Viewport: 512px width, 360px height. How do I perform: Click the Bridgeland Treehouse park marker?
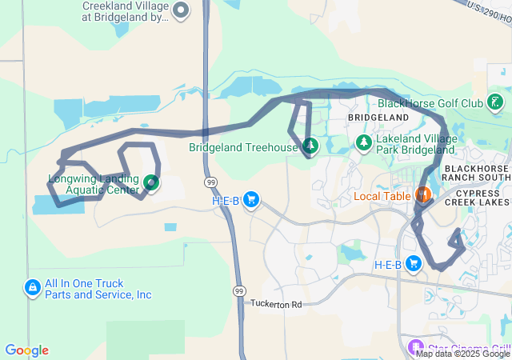309,146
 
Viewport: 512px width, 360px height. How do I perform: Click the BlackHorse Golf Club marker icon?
496,102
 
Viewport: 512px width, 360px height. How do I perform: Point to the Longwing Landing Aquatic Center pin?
150,185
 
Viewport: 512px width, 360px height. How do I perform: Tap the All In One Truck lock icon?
33,287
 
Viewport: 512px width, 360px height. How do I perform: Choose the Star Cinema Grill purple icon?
414,348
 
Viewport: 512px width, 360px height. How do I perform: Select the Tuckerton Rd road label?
276,304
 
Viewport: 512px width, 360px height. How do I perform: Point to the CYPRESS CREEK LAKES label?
482,198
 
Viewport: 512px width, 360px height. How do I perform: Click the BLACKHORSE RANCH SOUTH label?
476,174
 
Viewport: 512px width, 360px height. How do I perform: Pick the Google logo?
26,350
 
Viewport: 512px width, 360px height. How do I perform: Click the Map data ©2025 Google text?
462,354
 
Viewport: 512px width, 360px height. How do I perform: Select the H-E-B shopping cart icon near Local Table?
414,263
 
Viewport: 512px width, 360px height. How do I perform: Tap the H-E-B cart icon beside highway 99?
251,199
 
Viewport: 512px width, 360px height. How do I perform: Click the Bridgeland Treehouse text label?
242,147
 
